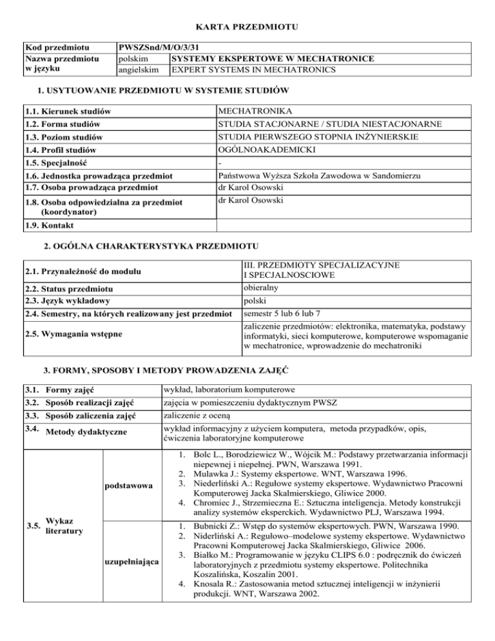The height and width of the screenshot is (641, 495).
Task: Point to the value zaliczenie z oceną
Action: point(195,415)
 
